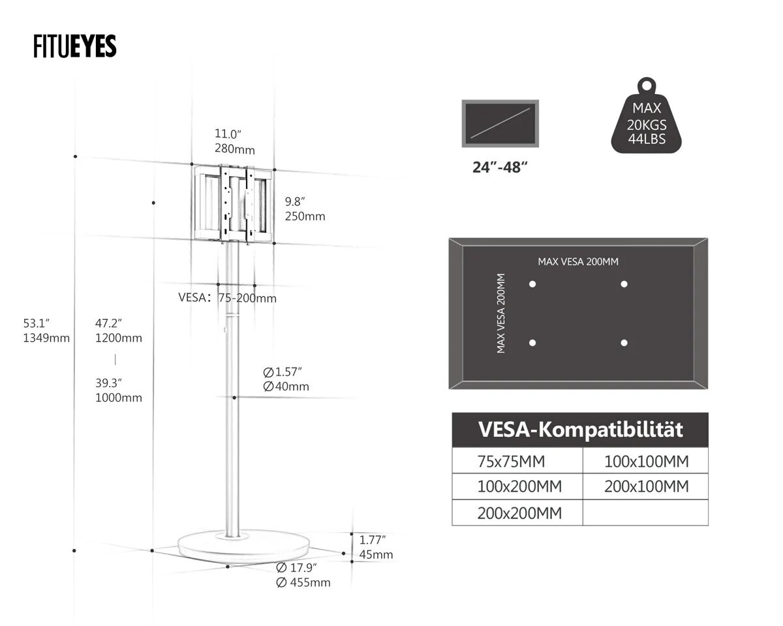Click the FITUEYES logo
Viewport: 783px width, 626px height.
coord(74,46)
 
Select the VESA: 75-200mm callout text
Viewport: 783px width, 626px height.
coord(228,298)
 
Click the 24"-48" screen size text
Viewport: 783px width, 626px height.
coord(500,168)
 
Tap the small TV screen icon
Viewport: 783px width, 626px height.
coord(500,124)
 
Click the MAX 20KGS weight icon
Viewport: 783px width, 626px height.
coord(647,115)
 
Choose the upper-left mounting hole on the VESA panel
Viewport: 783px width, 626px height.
coord(532,284)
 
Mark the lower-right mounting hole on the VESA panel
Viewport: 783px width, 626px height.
coord(624,342)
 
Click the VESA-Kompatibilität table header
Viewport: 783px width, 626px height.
coord(580,430)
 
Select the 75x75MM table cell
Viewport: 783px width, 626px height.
coord(517,461)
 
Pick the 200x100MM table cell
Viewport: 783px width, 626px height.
coord(646,486)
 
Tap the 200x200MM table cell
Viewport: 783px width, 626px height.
coord(517,513)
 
